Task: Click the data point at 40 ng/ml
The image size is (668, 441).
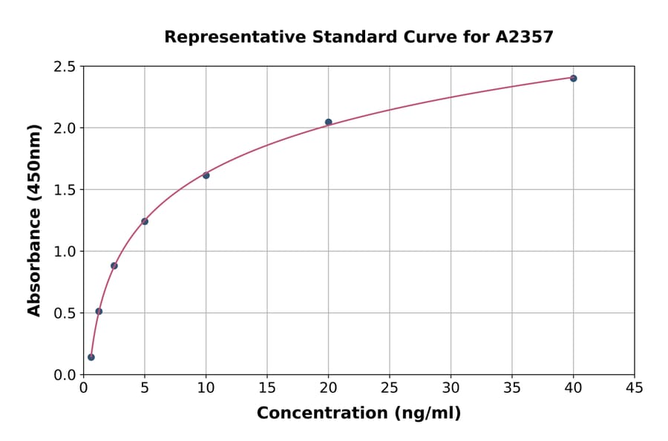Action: pos(573,78)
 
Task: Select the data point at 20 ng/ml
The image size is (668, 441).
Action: pos(328,122)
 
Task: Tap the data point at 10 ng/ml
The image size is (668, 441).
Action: pos(206,175)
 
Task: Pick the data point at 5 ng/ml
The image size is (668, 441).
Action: pos(145,221)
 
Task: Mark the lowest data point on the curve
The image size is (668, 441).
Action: pos(91,357)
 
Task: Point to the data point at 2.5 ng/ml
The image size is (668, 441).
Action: pos(114,266)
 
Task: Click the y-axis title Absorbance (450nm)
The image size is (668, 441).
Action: pos(34,220)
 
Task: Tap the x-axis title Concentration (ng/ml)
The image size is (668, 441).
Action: pos(358,413)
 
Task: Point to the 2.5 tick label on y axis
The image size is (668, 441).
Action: pos(65,67)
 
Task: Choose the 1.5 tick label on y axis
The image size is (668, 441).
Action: pos(65,190)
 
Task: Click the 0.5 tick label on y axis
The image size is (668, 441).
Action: pos(65,313)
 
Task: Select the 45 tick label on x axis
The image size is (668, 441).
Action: pos(635,388)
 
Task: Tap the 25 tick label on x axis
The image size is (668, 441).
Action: pos(390,388)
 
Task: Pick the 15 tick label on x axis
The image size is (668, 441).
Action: pos(267,388)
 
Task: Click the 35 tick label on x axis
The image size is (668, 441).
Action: pos(512,388)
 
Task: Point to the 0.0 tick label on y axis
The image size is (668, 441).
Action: pos(65,375)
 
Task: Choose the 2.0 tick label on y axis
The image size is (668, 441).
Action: pos(65,128)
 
